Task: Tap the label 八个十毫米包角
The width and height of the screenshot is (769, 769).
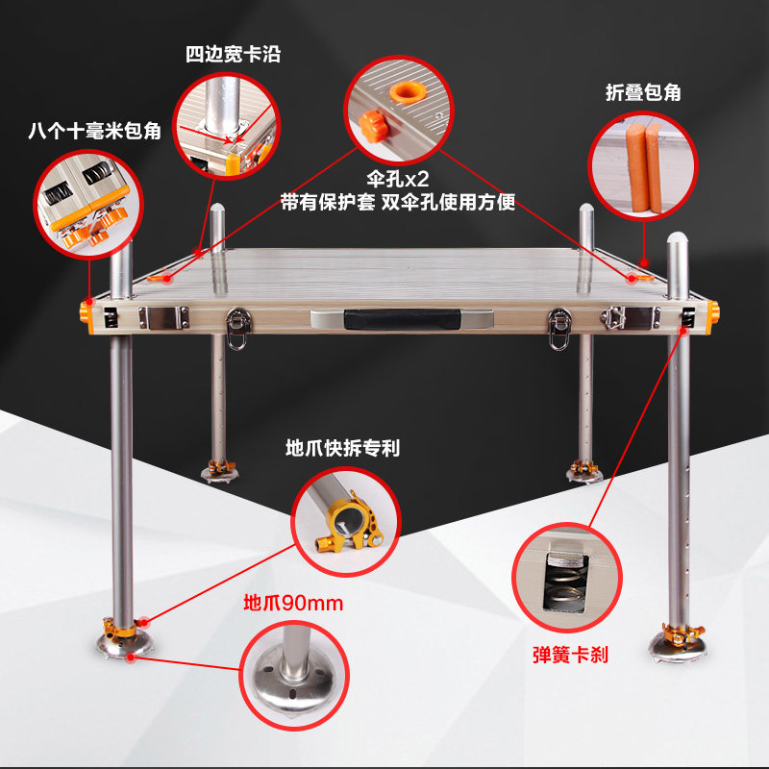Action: [94, 132]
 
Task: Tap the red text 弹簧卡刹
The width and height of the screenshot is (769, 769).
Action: [570, 655]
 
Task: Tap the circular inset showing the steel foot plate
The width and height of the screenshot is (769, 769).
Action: [291, 672]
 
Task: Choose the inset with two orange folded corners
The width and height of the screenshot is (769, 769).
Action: [640, 166]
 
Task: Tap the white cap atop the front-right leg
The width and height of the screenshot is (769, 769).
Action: [678, 239]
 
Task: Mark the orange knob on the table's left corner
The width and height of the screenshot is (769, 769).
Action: [84, 312]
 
